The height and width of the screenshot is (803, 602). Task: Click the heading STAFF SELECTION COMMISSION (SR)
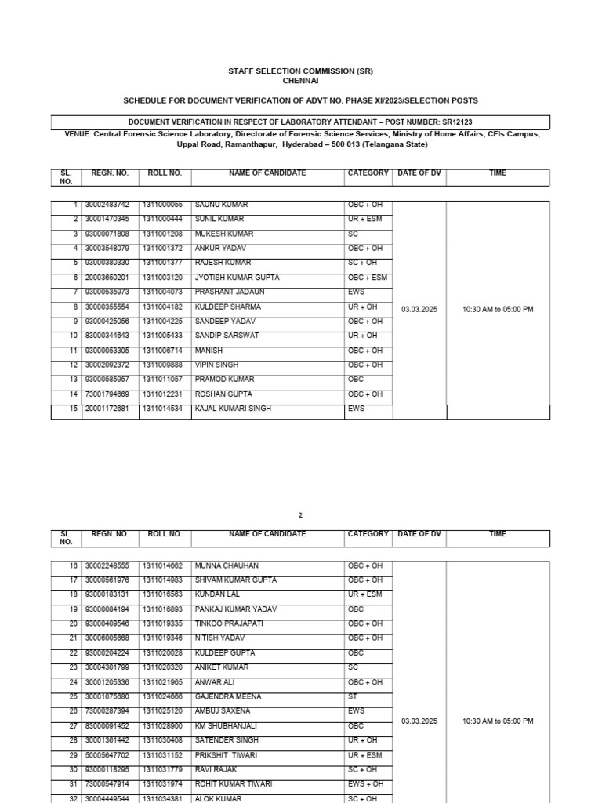(x=300, y=71)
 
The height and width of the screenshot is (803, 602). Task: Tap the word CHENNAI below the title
(x=300, y=81)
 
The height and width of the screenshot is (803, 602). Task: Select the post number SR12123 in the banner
(x=456, y=122)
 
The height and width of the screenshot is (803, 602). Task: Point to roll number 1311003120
(x=162, y=278)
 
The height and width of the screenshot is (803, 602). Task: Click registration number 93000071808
(x=107, y=234)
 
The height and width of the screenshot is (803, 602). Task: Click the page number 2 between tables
(x=300, y=515)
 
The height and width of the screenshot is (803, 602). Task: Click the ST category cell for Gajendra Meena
(x=352, y=696)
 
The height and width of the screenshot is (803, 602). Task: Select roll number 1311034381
(x=162, y=799)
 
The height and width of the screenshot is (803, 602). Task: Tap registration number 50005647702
(x=107, y=755)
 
